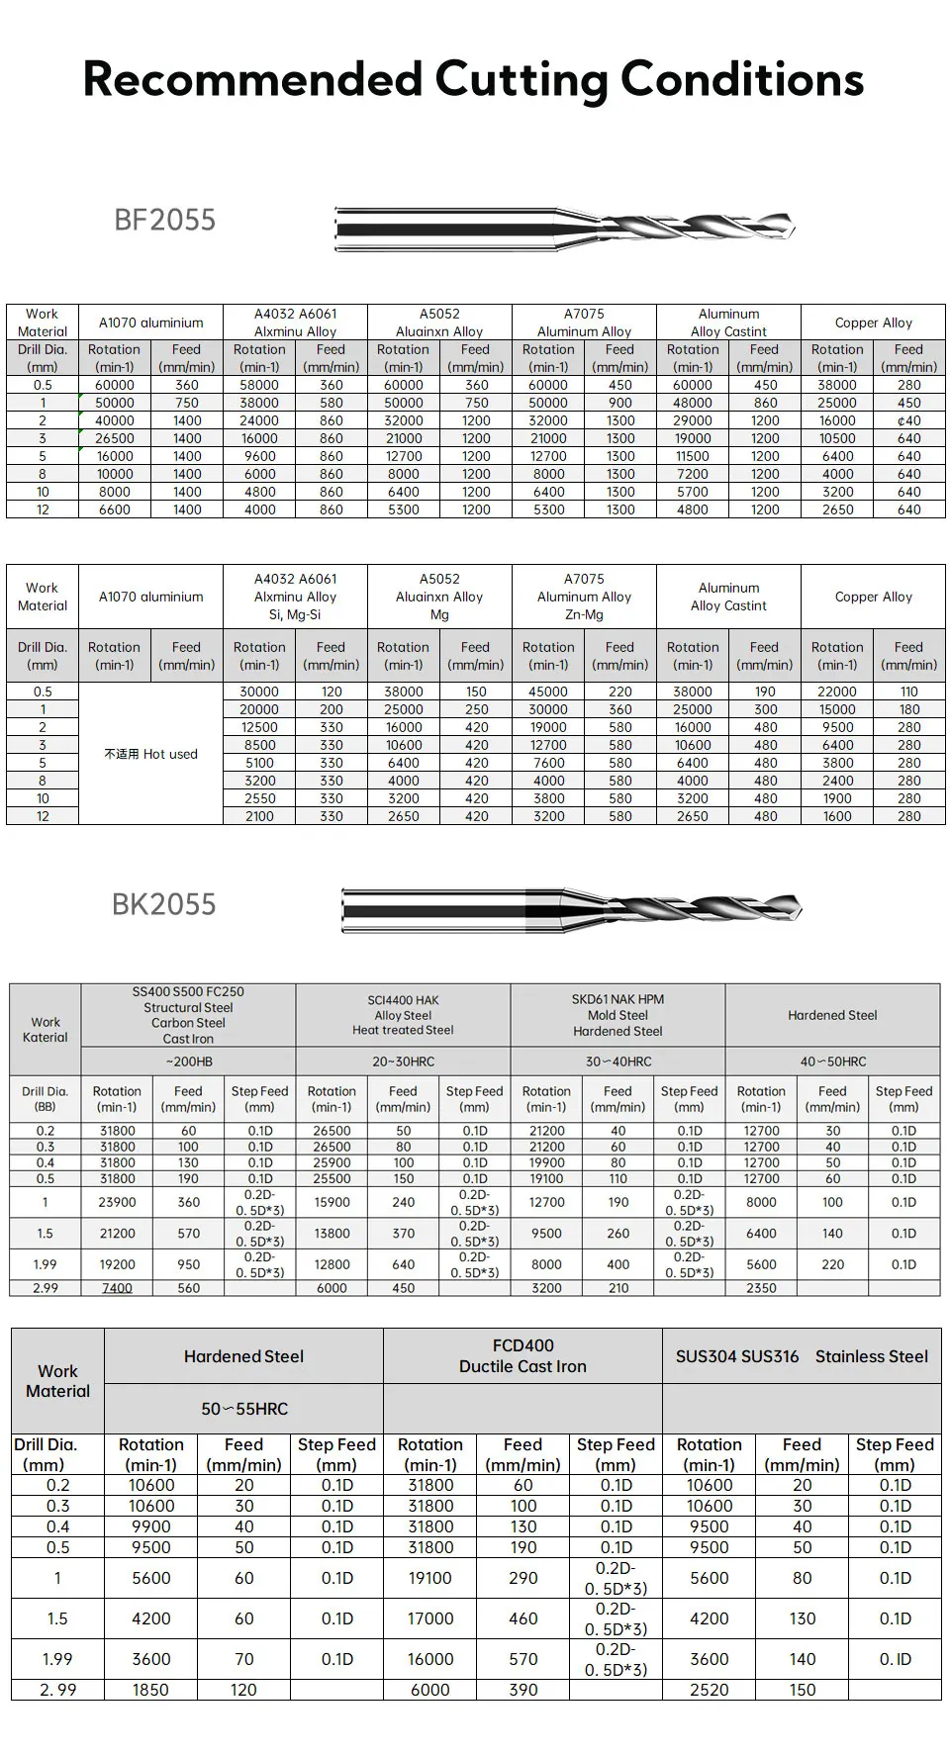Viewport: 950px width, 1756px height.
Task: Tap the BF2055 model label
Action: [x=164, y=220]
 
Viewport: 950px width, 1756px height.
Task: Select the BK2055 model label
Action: [x=163, y=904]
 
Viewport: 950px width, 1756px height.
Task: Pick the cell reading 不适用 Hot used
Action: [x=150, y=754]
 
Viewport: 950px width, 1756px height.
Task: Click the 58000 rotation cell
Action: [x=259, y=385]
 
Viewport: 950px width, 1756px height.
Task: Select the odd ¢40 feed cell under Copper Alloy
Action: [x=908, y=420]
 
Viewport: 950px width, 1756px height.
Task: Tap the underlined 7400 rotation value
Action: [x=117, y=1288]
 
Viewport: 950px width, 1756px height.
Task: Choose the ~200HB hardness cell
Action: [x=188, y=1062]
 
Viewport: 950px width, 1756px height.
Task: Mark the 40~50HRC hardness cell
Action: [x=832, y=1062]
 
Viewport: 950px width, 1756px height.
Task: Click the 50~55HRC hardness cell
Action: [x=243, y=1409]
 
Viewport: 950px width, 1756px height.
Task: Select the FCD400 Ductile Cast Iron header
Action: [x=522, y=1355]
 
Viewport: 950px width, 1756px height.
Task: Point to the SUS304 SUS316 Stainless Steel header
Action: [x=802, y=1356]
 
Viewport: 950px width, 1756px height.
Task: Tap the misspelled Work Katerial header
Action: [x=46, y=1030]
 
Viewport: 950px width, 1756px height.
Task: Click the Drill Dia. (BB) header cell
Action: [x=46, y=1099]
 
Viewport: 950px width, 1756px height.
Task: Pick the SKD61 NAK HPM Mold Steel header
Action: [x=617, y=1015]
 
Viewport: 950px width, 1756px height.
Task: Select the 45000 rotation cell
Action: [x=548, y=692]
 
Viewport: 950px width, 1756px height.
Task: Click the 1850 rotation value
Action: [x=150, y=1690]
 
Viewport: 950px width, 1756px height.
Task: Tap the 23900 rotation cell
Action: [x=117, y=1202]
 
